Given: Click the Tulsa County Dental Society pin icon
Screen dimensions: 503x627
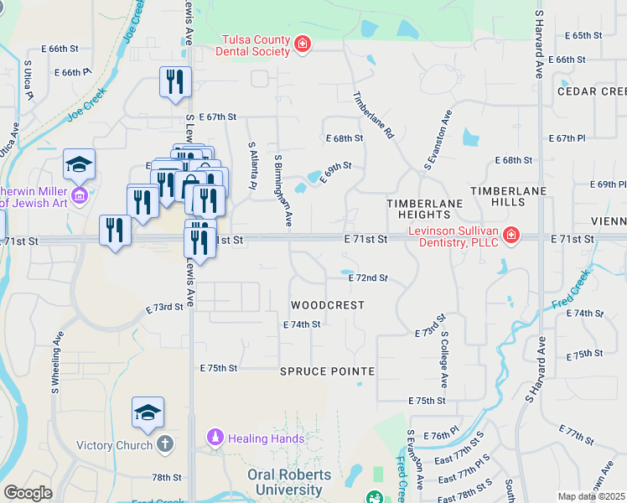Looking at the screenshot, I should (303, 44).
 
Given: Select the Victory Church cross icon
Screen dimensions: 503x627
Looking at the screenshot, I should (165, 444).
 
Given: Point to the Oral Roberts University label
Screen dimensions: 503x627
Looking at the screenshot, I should (290, 482).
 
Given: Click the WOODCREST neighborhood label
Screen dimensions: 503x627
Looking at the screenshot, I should (328, 305).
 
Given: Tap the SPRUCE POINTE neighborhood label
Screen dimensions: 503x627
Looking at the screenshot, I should (327, 371).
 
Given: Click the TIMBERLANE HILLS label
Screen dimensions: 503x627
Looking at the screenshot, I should (508, 197).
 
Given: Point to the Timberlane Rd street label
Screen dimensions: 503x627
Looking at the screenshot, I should (374, 115).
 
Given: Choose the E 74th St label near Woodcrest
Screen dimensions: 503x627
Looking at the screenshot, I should (302, 324).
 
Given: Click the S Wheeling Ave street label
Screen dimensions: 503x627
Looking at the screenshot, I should (56, 362).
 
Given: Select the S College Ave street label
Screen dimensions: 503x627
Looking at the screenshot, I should (446, 358).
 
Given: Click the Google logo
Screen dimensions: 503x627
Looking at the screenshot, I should (28, 493).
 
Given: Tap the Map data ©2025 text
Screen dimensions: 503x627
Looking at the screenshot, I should (591, 496).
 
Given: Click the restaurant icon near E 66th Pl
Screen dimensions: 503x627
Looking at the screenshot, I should (176, 82).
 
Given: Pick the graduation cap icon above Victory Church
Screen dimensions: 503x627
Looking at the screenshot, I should (148, 412).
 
